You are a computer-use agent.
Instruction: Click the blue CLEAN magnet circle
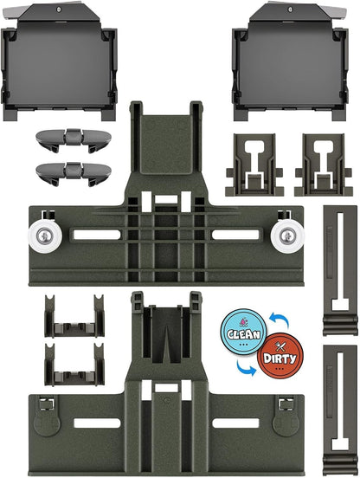click(x=243, y=332)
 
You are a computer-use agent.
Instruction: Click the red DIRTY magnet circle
click(x=280, y=356)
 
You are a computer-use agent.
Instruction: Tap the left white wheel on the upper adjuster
click(x=45, y=236)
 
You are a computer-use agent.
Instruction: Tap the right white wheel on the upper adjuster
click(x=287, y=236)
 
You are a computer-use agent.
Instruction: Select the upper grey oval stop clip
click(x=74, y=140)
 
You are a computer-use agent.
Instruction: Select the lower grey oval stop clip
click(x=74, y=174)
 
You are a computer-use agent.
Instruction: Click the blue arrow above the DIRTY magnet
click(x=280, y=320)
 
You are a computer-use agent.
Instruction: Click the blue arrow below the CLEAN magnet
click(x=247, y=368)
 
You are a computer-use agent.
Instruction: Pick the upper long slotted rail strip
click(x=340, y=270)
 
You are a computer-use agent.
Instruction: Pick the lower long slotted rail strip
click(x=340, y=410)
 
